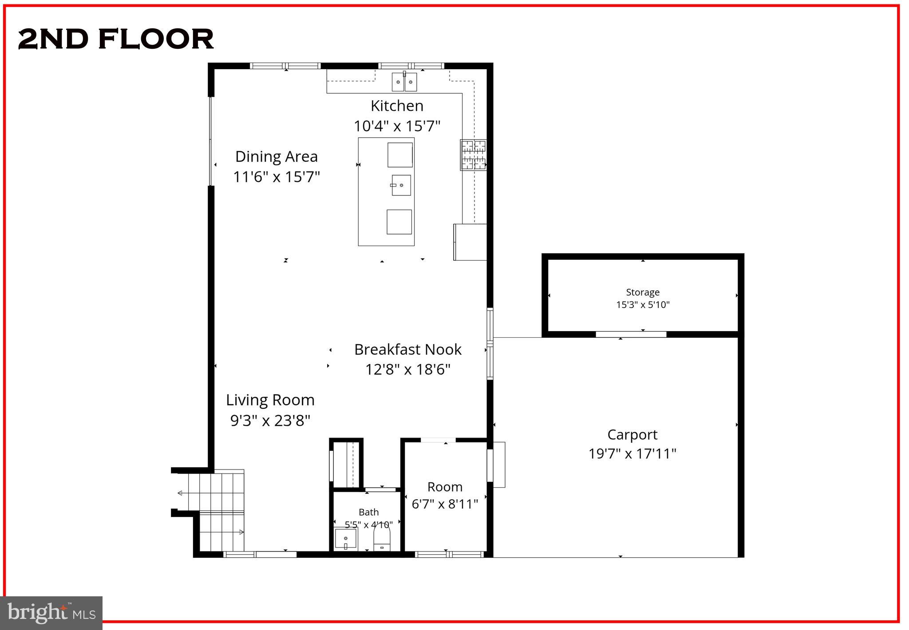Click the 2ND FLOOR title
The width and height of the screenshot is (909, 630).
point(116,39)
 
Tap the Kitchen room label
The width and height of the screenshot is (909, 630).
point(397,106)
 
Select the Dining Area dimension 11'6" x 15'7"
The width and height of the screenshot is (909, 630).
point(277,177)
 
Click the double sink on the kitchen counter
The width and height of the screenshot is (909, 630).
point(404,82)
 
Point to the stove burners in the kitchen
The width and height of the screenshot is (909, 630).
point(473,155)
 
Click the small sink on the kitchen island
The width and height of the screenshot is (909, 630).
point(400,185)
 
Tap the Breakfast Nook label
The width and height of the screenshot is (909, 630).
point(407,349)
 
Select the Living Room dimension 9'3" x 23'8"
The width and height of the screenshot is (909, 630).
point(270,420)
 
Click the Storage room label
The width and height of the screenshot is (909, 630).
point(642,292)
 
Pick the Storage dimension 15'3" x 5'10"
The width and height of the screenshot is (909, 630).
point(642,305)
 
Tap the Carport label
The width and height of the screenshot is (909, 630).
point(632,434)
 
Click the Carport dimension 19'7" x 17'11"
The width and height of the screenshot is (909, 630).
point(632,454)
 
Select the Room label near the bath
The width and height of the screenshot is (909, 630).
point(445,487)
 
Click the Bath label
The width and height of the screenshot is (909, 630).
point(368,512)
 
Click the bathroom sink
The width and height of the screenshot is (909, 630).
point(346,539)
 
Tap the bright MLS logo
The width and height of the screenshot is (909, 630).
point(51,613)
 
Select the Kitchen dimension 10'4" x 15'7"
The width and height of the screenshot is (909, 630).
point(397,126)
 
